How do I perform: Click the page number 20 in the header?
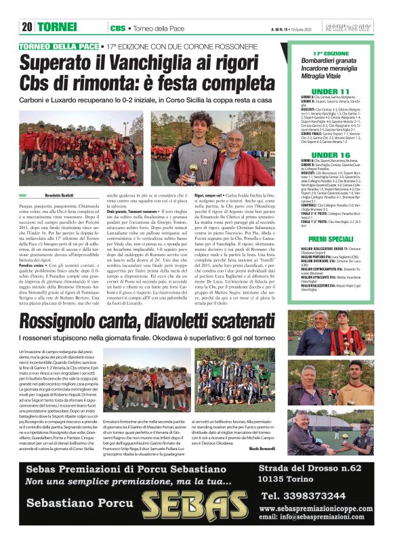point(27,27)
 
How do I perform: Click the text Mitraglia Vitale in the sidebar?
point(331,77)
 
